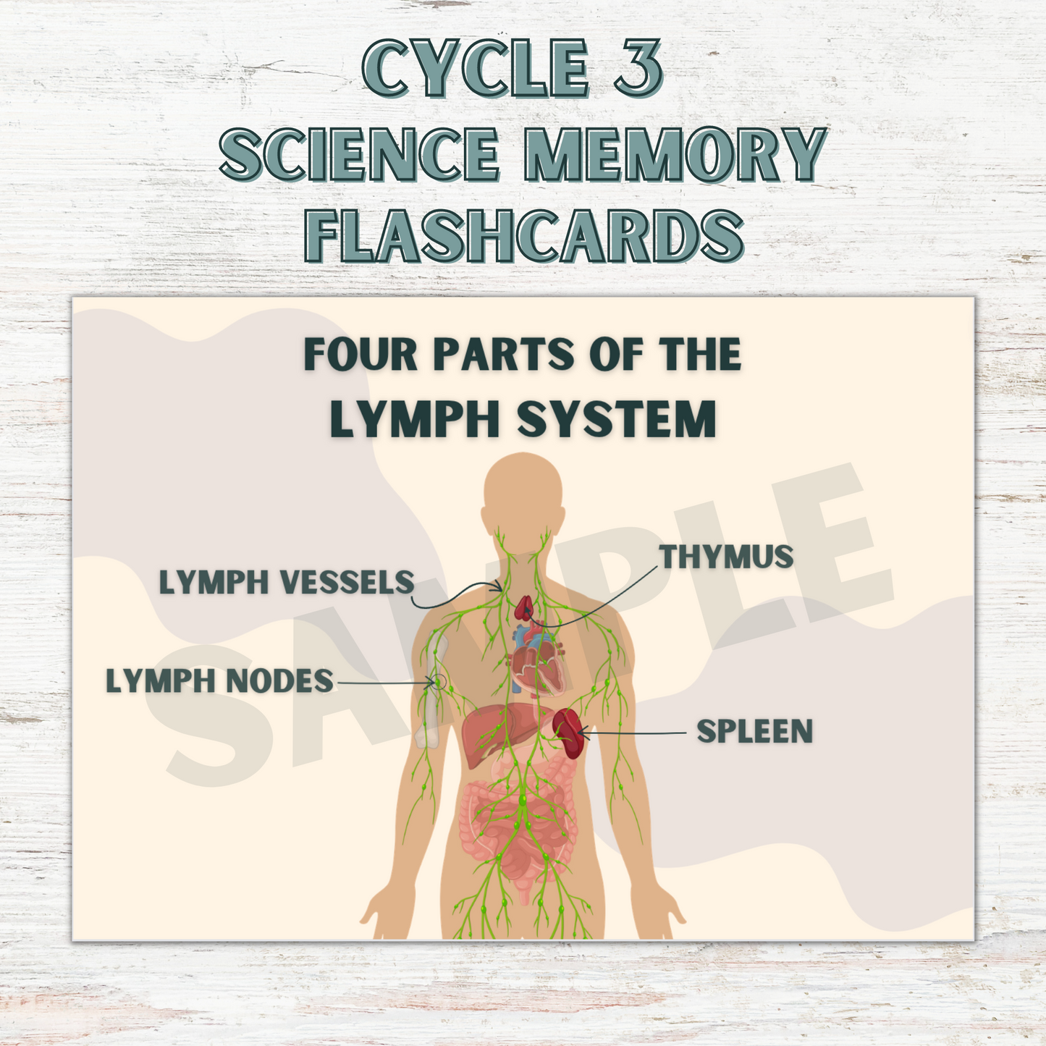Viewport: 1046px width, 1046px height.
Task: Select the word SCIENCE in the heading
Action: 360,154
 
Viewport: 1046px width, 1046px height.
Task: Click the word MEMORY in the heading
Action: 674,154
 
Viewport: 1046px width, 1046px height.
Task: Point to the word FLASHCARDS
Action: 523,235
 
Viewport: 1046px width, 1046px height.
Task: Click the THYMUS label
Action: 726,557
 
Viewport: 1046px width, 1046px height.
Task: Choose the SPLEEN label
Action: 755,732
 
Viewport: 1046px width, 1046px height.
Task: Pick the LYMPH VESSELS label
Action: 287,583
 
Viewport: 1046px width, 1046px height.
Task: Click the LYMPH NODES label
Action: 220,681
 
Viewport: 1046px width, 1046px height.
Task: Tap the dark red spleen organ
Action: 568,733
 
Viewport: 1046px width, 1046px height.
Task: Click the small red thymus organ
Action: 524,610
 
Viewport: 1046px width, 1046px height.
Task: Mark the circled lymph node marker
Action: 436,682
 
